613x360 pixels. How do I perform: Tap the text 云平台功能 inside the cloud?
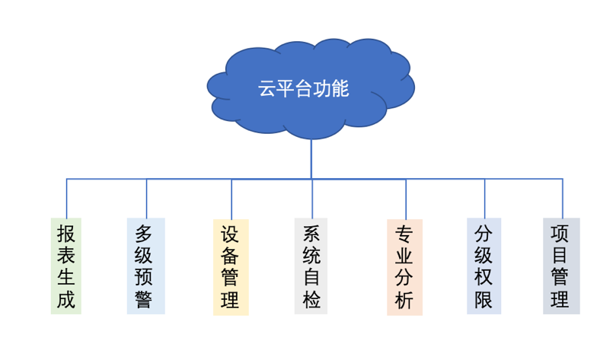[303, 89]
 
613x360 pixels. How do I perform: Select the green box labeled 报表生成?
[66, 266]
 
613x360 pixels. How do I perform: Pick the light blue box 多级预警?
[145, 266]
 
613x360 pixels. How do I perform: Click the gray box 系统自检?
[311, 266]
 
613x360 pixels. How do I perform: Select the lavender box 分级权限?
[484, 266]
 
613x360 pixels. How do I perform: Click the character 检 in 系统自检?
[311, 299]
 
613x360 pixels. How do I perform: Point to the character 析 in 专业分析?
[404, 300]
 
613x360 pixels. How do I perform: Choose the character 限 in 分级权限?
[484, 299]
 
